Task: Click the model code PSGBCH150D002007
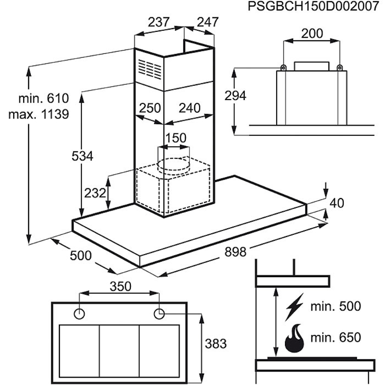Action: coord(314,7)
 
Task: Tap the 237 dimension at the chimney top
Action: coord(158,22)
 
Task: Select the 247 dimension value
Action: coord(208,22)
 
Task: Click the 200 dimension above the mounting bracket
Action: coord(312,34)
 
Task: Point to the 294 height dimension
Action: coord(235,96)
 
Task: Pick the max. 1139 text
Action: coord(39,114)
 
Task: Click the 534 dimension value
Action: coord(82,156)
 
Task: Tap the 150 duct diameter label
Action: coord(176,138)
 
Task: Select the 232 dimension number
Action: coord(95,193)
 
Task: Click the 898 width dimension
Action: coord(235,252)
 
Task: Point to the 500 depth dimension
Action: coord(80,255)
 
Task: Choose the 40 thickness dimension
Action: coord(337,204)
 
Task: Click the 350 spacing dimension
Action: coord(120,287)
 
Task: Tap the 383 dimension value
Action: coord(216,344)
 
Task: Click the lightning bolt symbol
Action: coord(294,307)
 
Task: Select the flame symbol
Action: coord(294,338)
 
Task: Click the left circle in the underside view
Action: coord(79,314)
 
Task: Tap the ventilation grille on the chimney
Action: coord(150,69)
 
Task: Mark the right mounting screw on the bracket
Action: coord(339,68)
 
